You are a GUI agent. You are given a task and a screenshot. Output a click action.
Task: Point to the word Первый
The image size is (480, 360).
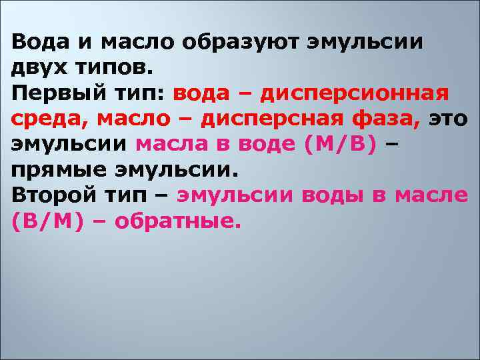point(51,93)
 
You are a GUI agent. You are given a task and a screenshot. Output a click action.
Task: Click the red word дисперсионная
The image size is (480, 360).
point(354,93)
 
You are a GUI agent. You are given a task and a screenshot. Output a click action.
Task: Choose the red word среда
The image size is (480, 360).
point(49,119)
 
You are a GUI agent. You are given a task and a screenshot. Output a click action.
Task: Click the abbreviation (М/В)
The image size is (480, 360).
point(341,144)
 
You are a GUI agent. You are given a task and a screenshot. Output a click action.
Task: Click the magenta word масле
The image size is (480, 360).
point(431,195)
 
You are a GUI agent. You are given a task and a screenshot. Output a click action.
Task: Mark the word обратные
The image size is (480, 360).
point(176,220)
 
